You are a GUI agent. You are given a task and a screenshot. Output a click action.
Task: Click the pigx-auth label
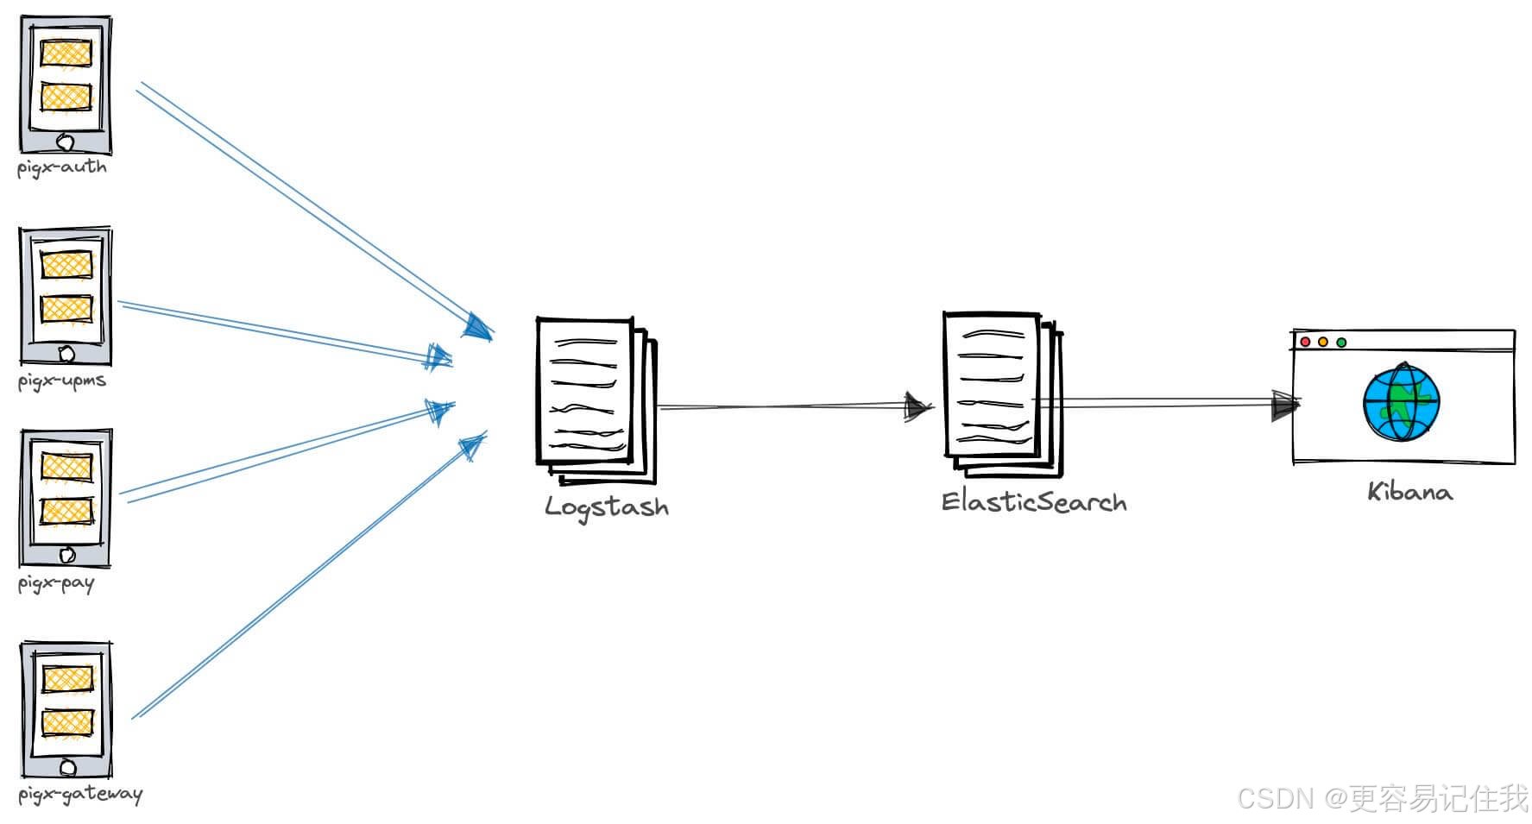(62, 167)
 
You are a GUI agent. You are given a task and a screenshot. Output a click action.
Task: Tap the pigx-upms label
(62, 381)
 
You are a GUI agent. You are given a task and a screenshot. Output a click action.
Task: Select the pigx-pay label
(56, 584)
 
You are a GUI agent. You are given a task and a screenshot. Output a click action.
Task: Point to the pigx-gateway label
(80, 794)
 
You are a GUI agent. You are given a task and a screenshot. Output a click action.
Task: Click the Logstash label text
(607, 506)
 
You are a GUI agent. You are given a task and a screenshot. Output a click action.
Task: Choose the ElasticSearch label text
(1034, 501)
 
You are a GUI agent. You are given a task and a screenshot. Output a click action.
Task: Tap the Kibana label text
(1409, 492)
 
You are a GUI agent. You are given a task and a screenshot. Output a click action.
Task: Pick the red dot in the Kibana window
(1305, 343)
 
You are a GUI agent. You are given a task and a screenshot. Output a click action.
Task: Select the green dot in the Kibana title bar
(1341, 343)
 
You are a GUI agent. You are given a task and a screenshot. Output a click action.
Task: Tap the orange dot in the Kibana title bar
(1323, 343)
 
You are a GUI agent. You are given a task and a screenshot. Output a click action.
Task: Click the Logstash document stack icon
(595, 399)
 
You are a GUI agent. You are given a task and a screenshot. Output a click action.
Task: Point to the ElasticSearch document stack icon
(1001, 393)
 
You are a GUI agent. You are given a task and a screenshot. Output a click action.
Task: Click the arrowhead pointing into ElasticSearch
(917, 406)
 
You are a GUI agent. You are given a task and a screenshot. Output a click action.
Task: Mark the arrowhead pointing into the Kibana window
(1285, 404)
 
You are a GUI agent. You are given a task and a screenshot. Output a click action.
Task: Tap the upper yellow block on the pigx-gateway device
(66, 678)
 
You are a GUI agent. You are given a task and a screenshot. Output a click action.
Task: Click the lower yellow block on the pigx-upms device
(66, 308)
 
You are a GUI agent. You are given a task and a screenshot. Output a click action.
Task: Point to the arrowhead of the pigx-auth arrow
(477, 327)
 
